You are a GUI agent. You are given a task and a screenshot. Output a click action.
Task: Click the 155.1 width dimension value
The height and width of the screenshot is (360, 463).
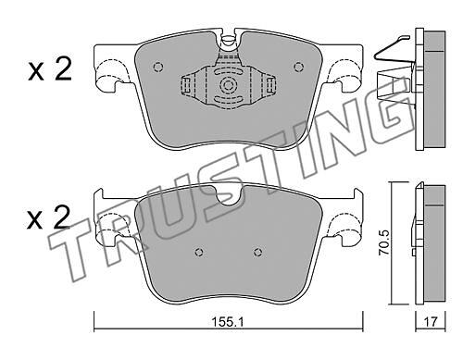(228, 322)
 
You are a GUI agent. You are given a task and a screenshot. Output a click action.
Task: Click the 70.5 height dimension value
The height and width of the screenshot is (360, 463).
(385, 242)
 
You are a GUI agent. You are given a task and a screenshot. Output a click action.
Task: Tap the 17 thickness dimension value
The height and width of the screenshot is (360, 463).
(431, 322)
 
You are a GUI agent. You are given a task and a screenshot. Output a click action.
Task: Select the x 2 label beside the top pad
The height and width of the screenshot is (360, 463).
(50, 69)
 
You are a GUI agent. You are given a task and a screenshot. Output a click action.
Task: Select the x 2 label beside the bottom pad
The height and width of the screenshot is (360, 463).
(49, 217)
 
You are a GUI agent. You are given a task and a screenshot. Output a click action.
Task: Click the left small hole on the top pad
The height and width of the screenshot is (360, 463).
(158, 67)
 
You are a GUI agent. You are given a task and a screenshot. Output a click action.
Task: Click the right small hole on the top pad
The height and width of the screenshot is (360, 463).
(298, 67)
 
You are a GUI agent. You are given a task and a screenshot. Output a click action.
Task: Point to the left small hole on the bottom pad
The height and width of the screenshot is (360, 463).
(200, 252)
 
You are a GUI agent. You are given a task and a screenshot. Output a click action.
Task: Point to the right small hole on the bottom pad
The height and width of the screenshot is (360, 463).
(258, 252)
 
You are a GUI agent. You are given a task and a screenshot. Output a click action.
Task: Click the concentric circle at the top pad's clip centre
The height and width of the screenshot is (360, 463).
(228, 85)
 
